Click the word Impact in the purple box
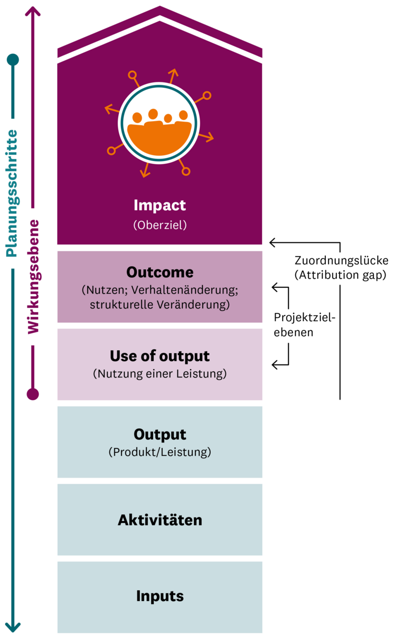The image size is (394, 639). click(160, 205)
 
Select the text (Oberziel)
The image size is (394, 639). click(160, 224)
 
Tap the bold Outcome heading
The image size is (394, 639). click(160, 272)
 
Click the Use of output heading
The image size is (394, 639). click(160, 356)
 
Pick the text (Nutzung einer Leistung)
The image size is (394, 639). click(160, 374)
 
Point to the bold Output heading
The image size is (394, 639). click(160, 435)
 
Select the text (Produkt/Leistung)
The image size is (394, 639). click(160, 453)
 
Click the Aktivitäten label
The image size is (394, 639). click(160, 520)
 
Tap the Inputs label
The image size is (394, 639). click(160, 596)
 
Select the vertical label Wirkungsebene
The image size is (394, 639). click(33, 276)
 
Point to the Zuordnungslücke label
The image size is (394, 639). click(341, 261)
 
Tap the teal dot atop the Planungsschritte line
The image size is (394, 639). click(13, 59)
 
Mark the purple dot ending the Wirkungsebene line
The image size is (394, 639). click(33, 394)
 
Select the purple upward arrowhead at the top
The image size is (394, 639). click(33, 12)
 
